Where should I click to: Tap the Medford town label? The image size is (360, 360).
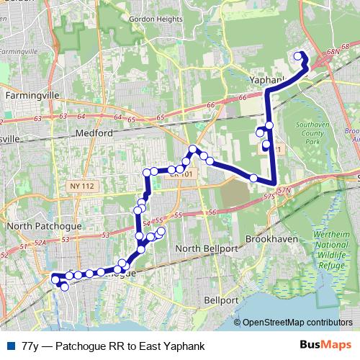94,133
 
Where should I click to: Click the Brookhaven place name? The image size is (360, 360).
271,237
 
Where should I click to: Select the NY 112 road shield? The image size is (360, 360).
84,186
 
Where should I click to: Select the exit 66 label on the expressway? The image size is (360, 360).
210,106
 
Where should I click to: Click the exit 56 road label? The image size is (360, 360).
212,212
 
